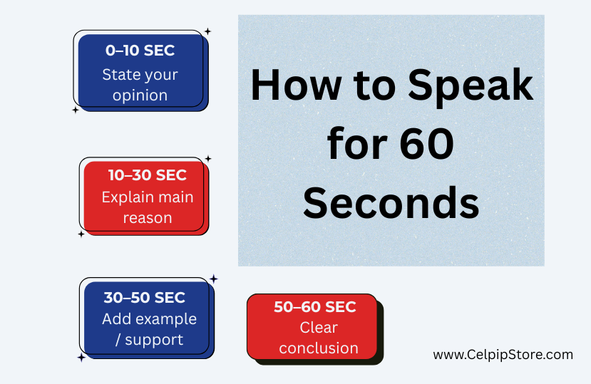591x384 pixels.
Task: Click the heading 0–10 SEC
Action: tap(140, 51)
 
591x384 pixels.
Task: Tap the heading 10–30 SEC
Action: tap(148, 175)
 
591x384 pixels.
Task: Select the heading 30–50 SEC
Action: tap(144, 298)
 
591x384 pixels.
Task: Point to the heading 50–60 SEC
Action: tap(314, 307)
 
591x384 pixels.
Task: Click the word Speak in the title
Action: tap(471, 86)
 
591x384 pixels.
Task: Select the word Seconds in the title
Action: tap(391, 203)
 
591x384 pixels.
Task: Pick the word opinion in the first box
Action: tap(140, 95)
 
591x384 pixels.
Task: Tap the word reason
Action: tap(148, 218)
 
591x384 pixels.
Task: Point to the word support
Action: tap(154, 341)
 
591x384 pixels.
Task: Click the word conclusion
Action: tap(319, 348)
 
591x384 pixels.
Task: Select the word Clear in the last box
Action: tap(319, 328)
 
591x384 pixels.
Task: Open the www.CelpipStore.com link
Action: tap(503, 355)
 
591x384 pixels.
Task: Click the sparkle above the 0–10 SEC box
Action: tap(207, 31)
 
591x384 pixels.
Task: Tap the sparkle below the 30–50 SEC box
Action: tap(81, 357)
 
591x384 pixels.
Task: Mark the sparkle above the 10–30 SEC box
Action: tap(207, 159)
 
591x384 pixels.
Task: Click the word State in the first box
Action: tap(119, 75)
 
